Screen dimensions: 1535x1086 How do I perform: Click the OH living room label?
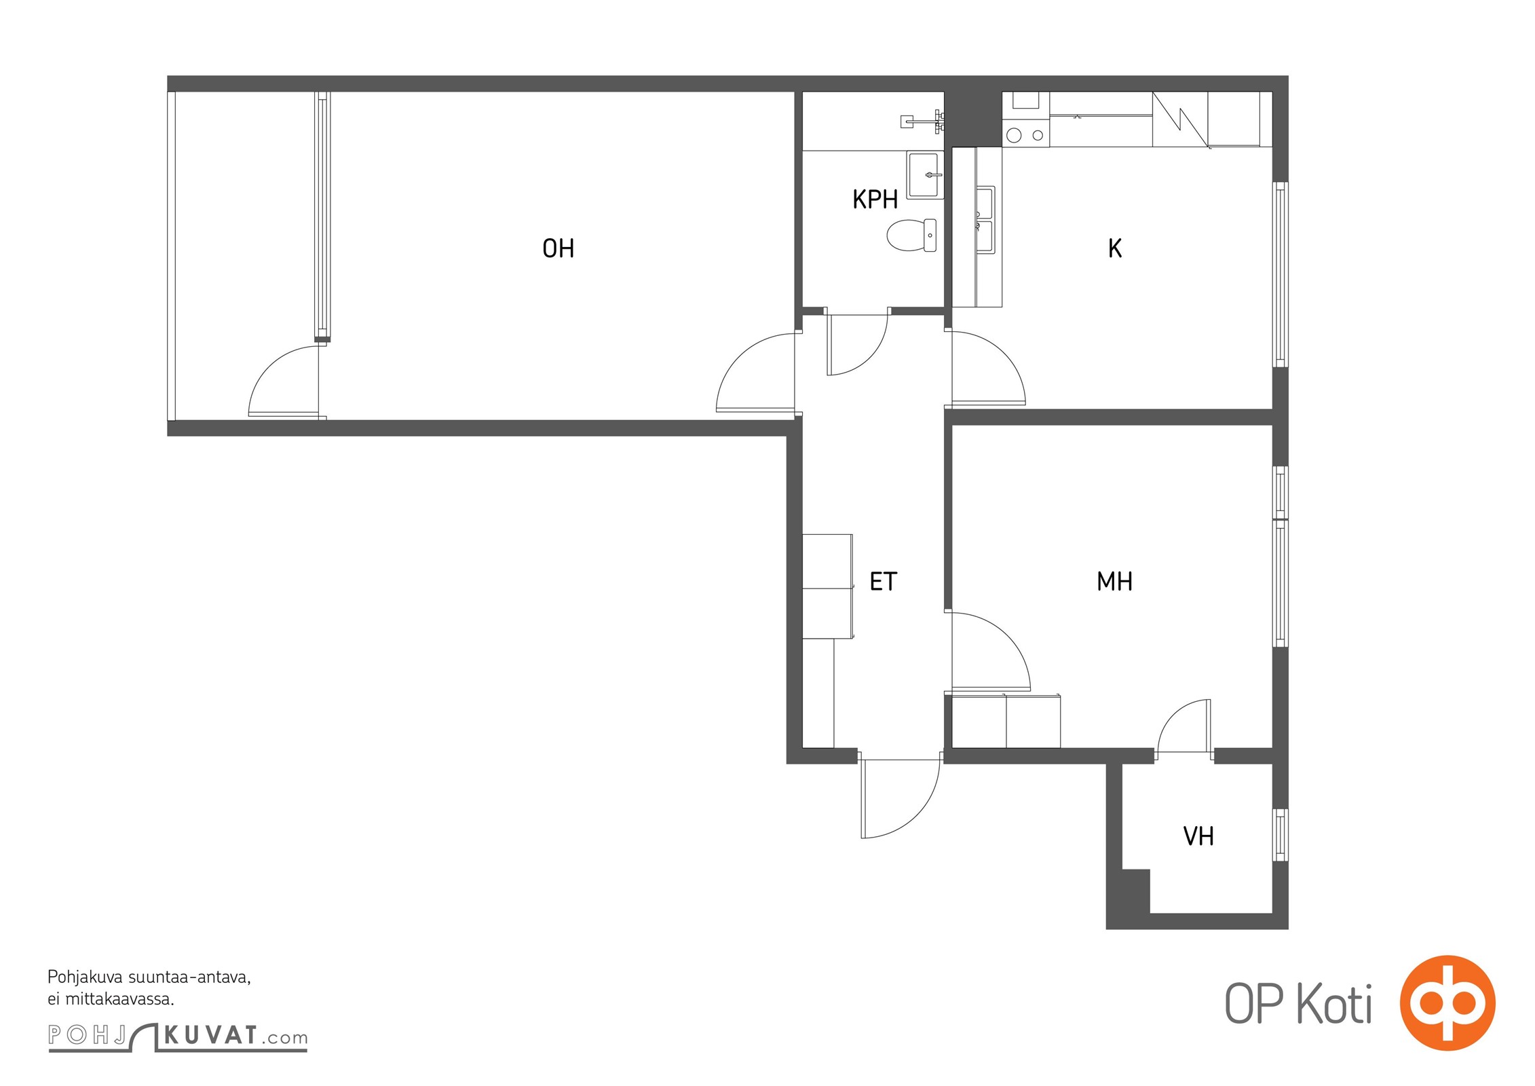[x=558, y=248]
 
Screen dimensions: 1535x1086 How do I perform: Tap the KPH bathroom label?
[x=875, y=200]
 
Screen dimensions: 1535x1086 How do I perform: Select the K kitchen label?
[x=1114, y=248]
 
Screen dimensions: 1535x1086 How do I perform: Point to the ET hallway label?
[x=883, y=582]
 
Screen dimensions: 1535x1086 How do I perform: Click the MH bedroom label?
[x=1114, y=582]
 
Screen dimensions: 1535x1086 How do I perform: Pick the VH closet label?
[x=1198, y=836]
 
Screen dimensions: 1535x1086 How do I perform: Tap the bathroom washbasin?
[x=925, y=175]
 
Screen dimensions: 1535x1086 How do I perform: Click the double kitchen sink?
[x=985, y=219]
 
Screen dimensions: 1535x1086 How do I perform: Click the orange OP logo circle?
[x=1447, y=1003]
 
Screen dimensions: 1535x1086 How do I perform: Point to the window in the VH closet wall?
[x=1280, y=835]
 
